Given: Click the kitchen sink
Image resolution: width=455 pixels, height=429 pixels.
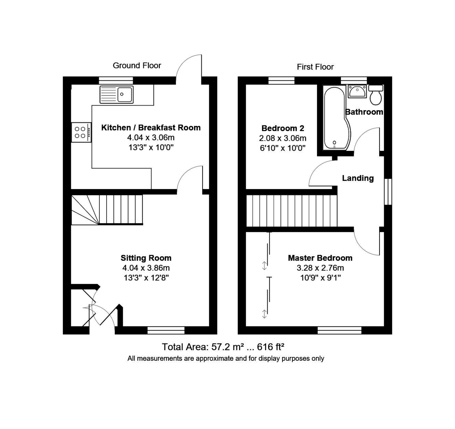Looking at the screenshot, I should click(117, 94).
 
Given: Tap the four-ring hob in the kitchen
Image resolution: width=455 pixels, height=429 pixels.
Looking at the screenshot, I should click(81, 132).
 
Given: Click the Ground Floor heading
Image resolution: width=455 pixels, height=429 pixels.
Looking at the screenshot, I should click(137, 66).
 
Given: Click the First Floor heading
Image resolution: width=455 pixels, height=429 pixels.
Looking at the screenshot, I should click(315, 67).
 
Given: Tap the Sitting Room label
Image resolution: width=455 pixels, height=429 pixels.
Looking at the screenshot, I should click(146, 258).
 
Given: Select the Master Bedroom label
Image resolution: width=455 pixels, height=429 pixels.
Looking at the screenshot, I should click(320, 258).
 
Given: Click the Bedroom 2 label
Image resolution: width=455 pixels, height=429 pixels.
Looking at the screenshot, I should click(282, 128).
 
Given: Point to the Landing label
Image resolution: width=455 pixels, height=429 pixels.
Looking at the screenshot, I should click(358, 178).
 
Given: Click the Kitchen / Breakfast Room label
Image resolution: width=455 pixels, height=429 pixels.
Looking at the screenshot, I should click(151, 128).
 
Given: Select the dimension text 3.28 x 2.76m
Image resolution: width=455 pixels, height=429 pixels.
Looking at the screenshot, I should click(320, 268).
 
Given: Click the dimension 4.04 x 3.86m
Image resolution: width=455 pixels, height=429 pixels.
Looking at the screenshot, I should click(146, 268).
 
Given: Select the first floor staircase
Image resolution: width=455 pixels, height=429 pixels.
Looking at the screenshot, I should click(292, 211).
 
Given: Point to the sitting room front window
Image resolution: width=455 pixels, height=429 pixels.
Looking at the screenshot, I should click(166, 330).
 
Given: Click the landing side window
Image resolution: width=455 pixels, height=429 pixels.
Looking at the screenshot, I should click(388, 192).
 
